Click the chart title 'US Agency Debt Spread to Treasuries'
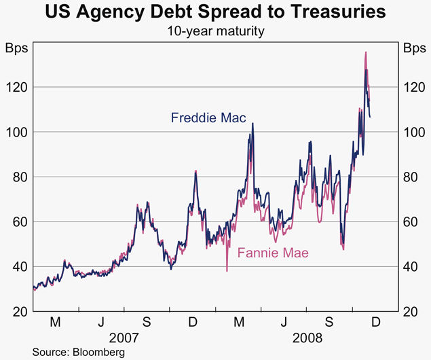(215, 12)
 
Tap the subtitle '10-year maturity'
(215, 31)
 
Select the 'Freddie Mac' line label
(208, 118)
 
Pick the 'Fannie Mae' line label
(273, 253)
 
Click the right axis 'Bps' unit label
(414, 48)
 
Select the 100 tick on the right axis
(413, 132)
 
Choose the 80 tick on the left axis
(19, 177)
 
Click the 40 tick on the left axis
(19, 266)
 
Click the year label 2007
(124, 336)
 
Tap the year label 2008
(307, 336)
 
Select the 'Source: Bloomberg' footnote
(79, 352)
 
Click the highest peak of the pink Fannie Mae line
(366, 52)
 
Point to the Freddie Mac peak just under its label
(252, 124)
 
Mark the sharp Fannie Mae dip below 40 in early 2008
(227, 270)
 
